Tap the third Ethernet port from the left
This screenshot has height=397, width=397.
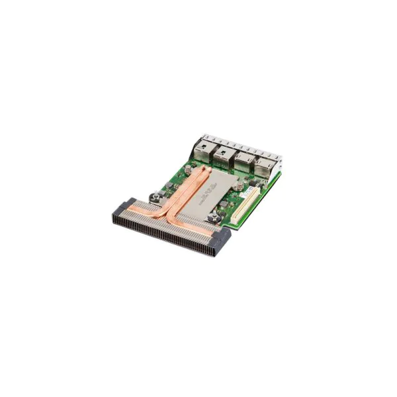point(243,163)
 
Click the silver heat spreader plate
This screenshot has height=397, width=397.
point(212,195)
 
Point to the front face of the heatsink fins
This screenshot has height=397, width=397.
point(165,235)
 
